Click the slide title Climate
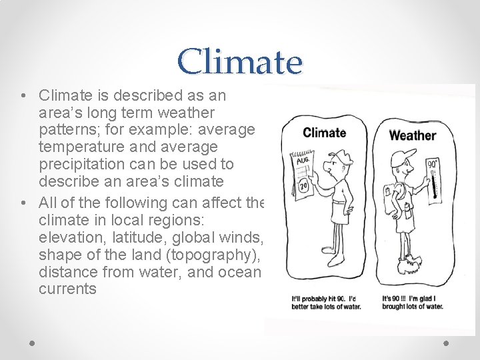[240, 62]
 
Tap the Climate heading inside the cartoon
[324, 132]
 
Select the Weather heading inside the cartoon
[412, 135]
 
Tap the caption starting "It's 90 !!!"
[413, 302]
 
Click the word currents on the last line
[67, 289]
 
